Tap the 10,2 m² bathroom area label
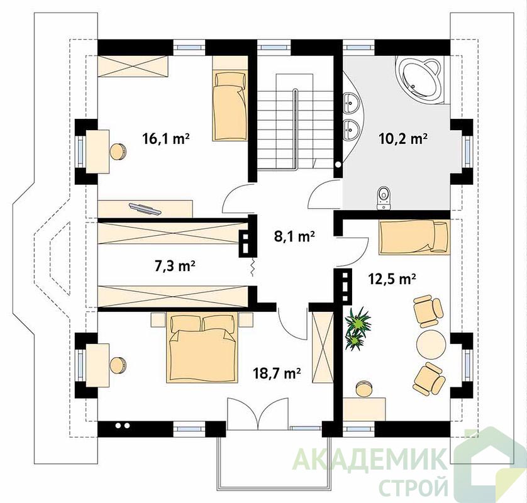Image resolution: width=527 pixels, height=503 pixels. pos(403,138)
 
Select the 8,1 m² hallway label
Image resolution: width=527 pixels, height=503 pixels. pos(294,236)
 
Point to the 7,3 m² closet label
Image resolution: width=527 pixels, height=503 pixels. pos(175,266)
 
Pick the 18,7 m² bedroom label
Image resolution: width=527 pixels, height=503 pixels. pos(277,373)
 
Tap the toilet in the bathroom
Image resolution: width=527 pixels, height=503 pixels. pos(384,198)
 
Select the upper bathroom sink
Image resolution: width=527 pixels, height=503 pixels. pos(351,102)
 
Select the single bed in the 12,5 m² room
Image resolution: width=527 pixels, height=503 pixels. pos(414,237)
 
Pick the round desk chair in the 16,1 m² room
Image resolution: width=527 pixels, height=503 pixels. pos(118,152)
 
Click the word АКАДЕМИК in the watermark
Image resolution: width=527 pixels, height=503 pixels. pos(370,458)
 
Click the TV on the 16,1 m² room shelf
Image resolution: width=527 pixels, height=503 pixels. pos(145,209)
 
